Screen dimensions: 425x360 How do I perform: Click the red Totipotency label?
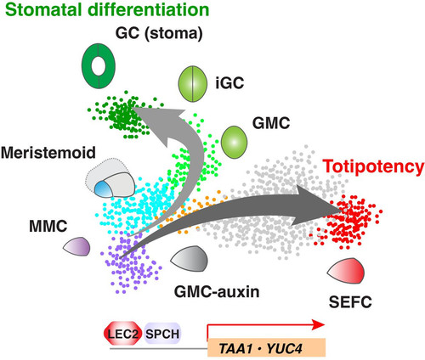[373, 166]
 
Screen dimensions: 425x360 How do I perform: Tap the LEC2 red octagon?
[123, 334]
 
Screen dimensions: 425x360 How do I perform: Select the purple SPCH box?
[162, 334]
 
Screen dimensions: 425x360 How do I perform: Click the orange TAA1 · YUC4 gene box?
[266, 347]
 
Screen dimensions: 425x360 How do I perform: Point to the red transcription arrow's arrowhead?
[318, 325]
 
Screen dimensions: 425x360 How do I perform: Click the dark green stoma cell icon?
[98, 65]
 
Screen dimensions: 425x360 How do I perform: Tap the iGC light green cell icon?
[192, 84]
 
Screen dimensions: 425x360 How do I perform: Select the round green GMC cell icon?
[234, 142]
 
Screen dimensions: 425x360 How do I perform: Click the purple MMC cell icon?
[77, 246]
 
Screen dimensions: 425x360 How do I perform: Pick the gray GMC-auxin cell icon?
[190, 259]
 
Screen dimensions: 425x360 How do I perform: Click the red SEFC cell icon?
[346, 271]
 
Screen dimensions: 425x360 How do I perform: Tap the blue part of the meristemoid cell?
[104, 189]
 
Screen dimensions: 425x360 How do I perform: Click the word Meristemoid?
[48, 153]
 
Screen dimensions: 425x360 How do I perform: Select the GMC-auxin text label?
[217, 291]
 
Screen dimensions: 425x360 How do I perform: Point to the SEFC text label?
[350, 301]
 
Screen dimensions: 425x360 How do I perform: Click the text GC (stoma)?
[159, 33]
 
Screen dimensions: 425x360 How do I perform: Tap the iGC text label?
[229, 82]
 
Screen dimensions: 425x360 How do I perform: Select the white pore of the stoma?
[99, 67]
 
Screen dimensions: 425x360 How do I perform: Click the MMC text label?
[48, 226]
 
